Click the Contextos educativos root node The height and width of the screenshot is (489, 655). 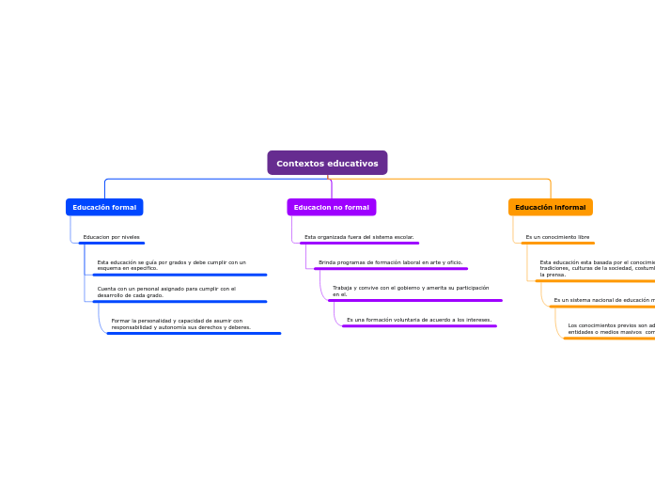(x=327, y=164)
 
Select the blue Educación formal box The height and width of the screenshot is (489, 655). (x=104, y=207)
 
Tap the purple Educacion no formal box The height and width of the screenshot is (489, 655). (x=331, y=207)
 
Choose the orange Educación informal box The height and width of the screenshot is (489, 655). (x=550, y=207)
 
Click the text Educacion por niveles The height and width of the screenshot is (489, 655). (x=111, y=237)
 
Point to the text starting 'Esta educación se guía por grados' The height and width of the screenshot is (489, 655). (x=171, y=265)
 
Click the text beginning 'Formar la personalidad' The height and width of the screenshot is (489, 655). (x=180, y=323)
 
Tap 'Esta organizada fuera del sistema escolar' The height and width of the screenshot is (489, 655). (x=359, y=237)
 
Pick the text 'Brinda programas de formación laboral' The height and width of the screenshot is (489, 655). (x=390, y=262)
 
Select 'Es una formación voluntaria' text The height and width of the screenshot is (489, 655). (x=418, y=320)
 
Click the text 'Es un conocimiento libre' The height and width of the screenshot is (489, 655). (x=557, y=237)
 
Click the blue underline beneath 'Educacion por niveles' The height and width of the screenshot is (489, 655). (x=112, y=243)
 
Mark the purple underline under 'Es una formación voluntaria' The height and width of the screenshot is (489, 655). (x=419, y=326)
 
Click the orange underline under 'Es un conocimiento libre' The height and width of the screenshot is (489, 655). (x=558, y=243)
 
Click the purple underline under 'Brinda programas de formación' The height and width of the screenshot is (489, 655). (x=391, y=269)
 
